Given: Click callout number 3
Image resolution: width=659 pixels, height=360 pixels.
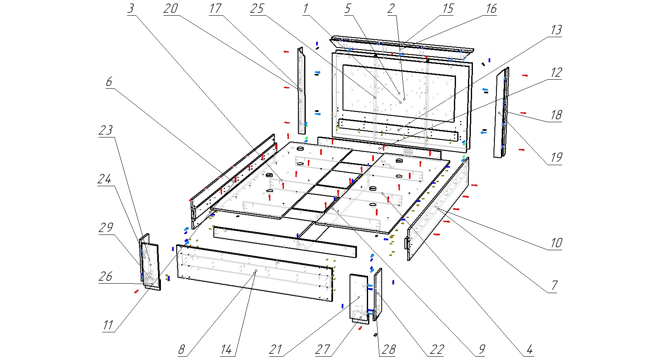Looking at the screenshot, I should (x=131, y=9).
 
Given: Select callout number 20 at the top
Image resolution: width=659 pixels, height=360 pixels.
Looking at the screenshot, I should (x=170, y=9).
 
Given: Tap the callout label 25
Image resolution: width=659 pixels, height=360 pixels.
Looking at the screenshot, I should (x=257, y=9).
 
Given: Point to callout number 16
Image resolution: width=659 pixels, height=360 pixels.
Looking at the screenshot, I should (x=491, y=9).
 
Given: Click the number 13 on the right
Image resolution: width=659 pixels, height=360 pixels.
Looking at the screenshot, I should (x=556, y=30).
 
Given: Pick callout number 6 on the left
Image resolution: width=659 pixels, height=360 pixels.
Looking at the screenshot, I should (x=109, y=82).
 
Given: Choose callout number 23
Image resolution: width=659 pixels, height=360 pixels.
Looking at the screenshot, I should (x=106, y=130).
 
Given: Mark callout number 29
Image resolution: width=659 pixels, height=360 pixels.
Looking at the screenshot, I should (x=106, y=228).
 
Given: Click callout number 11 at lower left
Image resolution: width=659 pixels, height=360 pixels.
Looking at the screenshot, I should (x=108, y=325).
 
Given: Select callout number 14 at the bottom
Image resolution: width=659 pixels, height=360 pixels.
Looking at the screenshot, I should (x=226, y=350).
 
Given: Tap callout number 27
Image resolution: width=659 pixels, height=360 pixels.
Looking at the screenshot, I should (x=323, y=350).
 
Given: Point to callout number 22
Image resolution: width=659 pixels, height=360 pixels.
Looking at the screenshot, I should (x=437, y=350).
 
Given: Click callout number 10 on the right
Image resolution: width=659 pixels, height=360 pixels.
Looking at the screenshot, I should (x=556, y=243).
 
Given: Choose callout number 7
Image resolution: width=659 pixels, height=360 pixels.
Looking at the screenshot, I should (x=554, y=285).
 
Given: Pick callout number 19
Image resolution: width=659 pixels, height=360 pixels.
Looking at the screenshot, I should (x=556, y=157).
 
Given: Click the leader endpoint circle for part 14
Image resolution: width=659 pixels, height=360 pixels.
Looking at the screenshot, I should (x=256, y=271).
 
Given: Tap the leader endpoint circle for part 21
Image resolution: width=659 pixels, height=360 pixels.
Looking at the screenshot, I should (x=359, y=297).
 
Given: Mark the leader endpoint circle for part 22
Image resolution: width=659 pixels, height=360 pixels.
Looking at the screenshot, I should (x=377, y=293).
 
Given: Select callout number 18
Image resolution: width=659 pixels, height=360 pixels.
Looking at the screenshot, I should (x=556, y=115).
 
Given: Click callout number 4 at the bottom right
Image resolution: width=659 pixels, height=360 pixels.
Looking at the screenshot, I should (x=529, y=350).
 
